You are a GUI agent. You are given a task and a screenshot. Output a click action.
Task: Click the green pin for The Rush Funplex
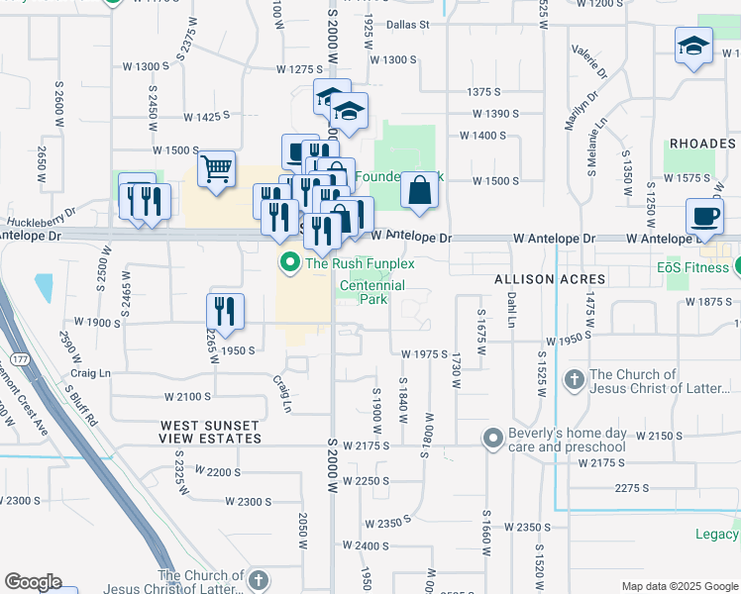click(290, 263)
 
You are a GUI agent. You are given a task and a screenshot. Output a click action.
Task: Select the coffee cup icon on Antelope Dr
click(705, 216)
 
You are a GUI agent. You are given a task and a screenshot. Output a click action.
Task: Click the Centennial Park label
click(372, 292)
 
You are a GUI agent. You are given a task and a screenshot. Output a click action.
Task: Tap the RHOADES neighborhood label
click(702, 144)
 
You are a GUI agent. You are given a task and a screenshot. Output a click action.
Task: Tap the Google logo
click(33, 582)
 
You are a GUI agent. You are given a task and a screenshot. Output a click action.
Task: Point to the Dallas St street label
click(408, 24)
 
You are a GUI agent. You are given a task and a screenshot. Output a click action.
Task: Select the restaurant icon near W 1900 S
click(225, 311)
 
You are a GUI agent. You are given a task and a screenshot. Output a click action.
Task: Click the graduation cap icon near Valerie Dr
click(693, 46)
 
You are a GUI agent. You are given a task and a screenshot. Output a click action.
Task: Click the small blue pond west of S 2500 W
click(45, 287)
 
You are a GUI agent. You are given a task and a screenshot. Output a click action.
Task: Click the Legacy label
click(717, 535)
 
